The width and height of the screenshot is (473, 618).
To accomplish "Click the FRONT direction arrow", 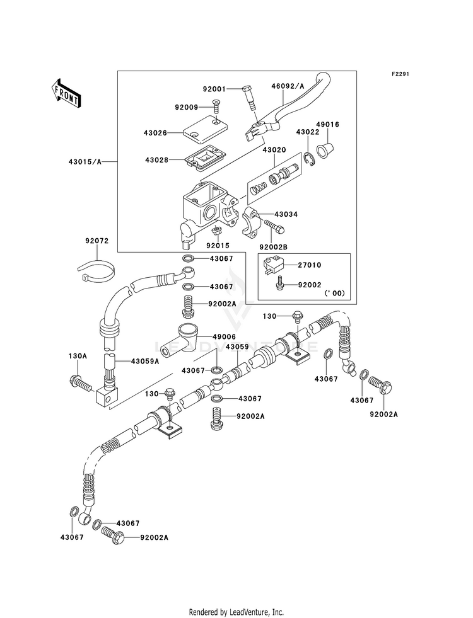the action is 66,93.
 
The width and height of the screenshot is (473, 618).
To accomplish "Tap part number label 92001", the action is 214,89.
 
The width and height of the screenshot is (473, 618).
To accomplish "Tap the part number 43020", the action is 274,150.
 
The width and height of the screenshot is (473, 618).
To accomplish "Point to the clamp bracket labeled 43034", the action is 251,222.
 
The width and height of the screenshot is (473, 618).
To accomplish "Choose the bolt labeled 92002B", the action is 273,226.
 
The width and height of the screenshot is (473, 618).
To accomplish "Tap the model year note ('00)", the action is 334,293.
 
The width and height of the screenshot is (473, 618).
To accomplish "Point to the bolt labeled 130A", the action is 81,382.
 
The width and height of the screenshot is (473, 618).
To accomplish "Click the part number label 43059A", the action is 145,360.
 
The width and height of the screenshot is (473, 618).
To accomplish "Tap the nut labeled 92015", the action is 216,231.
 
